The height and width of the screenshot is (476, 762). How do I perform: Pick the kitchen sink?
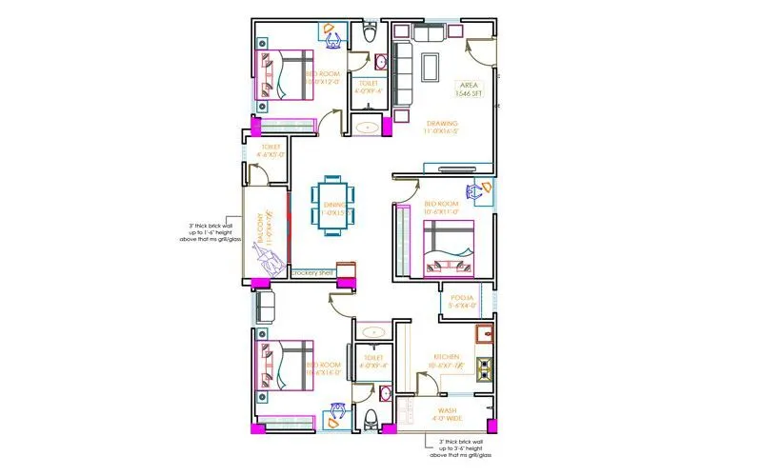tap(485, 333)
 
